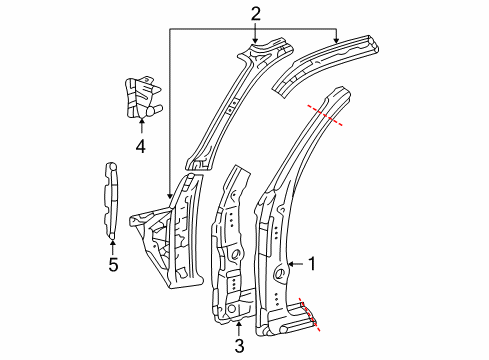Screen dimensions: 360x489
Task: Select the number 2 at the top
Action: [x=255, y=13]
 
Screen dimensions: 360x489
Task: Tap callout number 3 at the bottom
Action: [x=238, y=345]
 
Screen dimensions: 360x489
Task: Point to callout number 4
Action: [x=141, y=145]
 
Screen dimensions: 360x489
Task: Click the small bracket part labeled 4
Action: [x=140, y=96]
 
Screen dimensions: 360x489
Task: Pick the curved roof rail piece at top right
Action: [x=330, y=62]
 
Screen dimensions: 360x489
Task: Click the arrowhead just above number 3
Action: [x=238, y=323]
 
